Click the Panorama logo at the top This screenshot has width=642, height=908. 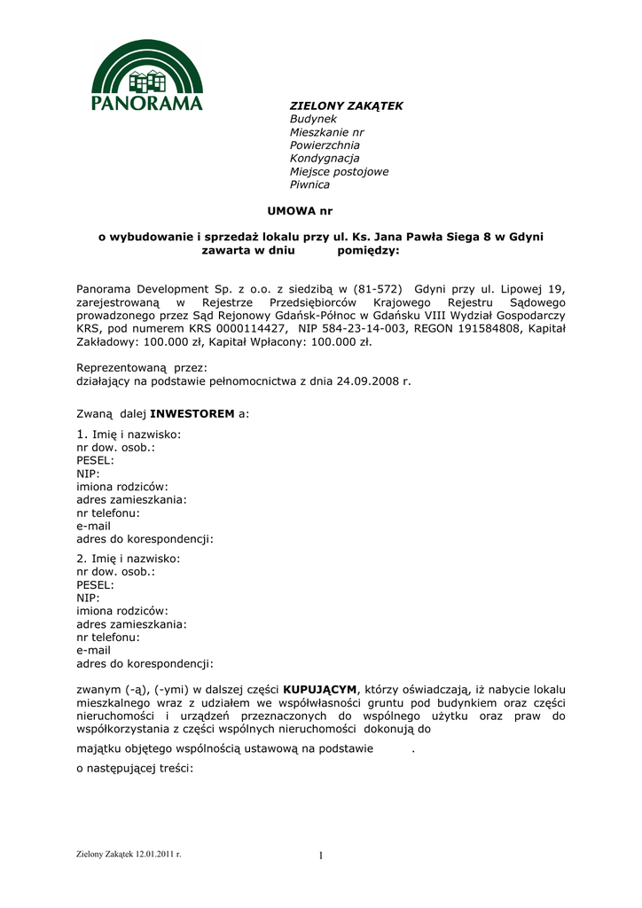pos(147,75)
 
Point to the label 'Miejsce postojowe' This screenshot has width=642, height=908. pos(339,172)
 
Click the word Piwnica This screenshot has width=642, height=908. pos(309,185)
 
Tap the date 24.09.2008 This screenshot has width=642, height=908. pos(365,381)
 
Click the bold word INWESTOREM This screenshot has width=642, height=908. pos(192,414)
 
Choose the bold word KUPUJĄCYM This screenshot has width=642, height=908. pos(319,690)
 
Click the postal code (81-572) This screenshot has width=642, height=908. pos(378,289)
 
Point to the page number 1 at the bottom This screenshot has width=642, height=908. pos(322,856)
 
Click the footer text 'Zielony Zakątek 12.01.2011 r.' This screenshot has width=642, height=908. pos(129,853)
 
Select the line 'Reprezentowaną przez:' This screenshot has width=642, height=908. pos(142,368)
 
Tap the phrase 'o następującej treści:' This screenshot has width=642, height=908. pos(135,769)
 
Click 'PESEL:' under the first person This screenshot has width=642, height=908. pos(95,461)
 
